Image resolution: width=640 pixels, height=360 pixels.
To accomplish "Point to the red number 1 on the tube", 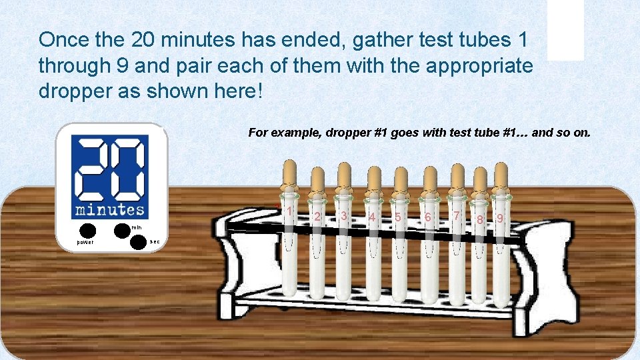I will point(290,211).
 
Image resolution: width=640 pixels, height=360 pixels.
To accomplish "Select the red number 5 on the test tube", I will point(398,217).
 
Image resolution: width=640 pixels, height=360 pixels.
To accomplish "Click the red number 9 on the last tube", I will point(500,218).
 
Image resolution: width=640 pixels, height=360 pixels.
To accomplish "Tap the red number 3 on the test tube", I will point(343,215).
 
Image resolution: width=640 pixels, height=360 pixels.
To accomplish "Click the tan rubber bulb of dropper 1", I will point(289,175).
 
